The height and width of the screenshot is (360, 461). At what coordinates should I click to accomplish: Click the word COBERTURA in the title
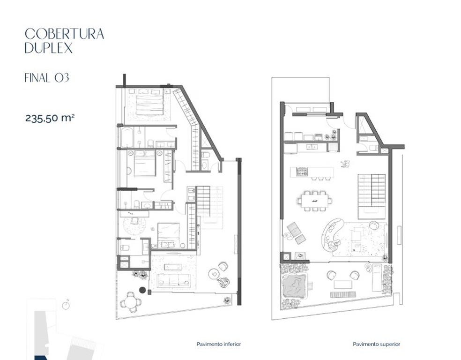[64, 34]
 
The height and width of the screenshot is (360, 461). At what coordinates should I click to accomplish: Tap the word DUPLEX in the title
[49, 48]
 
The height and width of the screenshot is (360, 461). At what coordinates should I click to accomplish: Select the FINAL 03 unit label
[47, 78]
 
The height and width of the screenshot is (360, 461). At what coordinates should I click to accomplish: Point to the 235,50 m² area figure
[50, 118]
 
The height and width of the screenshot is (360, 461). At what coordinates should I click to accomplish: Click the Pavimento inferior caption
[219, 344]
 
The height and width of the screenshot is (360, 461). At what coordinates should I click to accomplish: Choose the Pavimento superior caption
[377, 344]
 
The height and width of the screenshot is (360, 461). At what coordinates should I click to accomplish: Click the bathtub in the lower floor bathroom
[126, 137]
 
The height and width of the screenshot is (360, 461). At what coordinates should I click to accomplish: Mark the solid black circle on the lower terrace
[142, 290]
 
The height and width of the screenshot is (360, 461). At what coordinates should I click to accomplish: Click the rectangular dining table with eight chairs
[314, 201]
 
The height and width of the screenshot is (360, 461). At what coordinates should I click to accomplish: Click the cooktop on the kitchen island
[302, 172]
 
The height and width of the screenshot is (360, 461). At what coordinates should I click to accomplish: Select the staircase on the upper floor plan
[372, 196]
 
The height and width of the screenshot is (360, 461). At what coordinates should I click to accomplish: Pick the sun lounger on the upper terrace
[377, 277]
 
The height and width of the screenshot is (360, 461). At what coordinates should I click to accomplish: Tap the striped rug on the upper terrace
[343, 294]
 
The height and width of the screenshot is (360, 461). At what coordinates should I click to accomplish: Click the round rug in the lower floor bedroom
[134, 225]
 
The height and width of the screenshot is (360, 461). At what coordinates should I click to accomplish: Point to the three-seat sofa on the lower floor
[173, 280]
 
